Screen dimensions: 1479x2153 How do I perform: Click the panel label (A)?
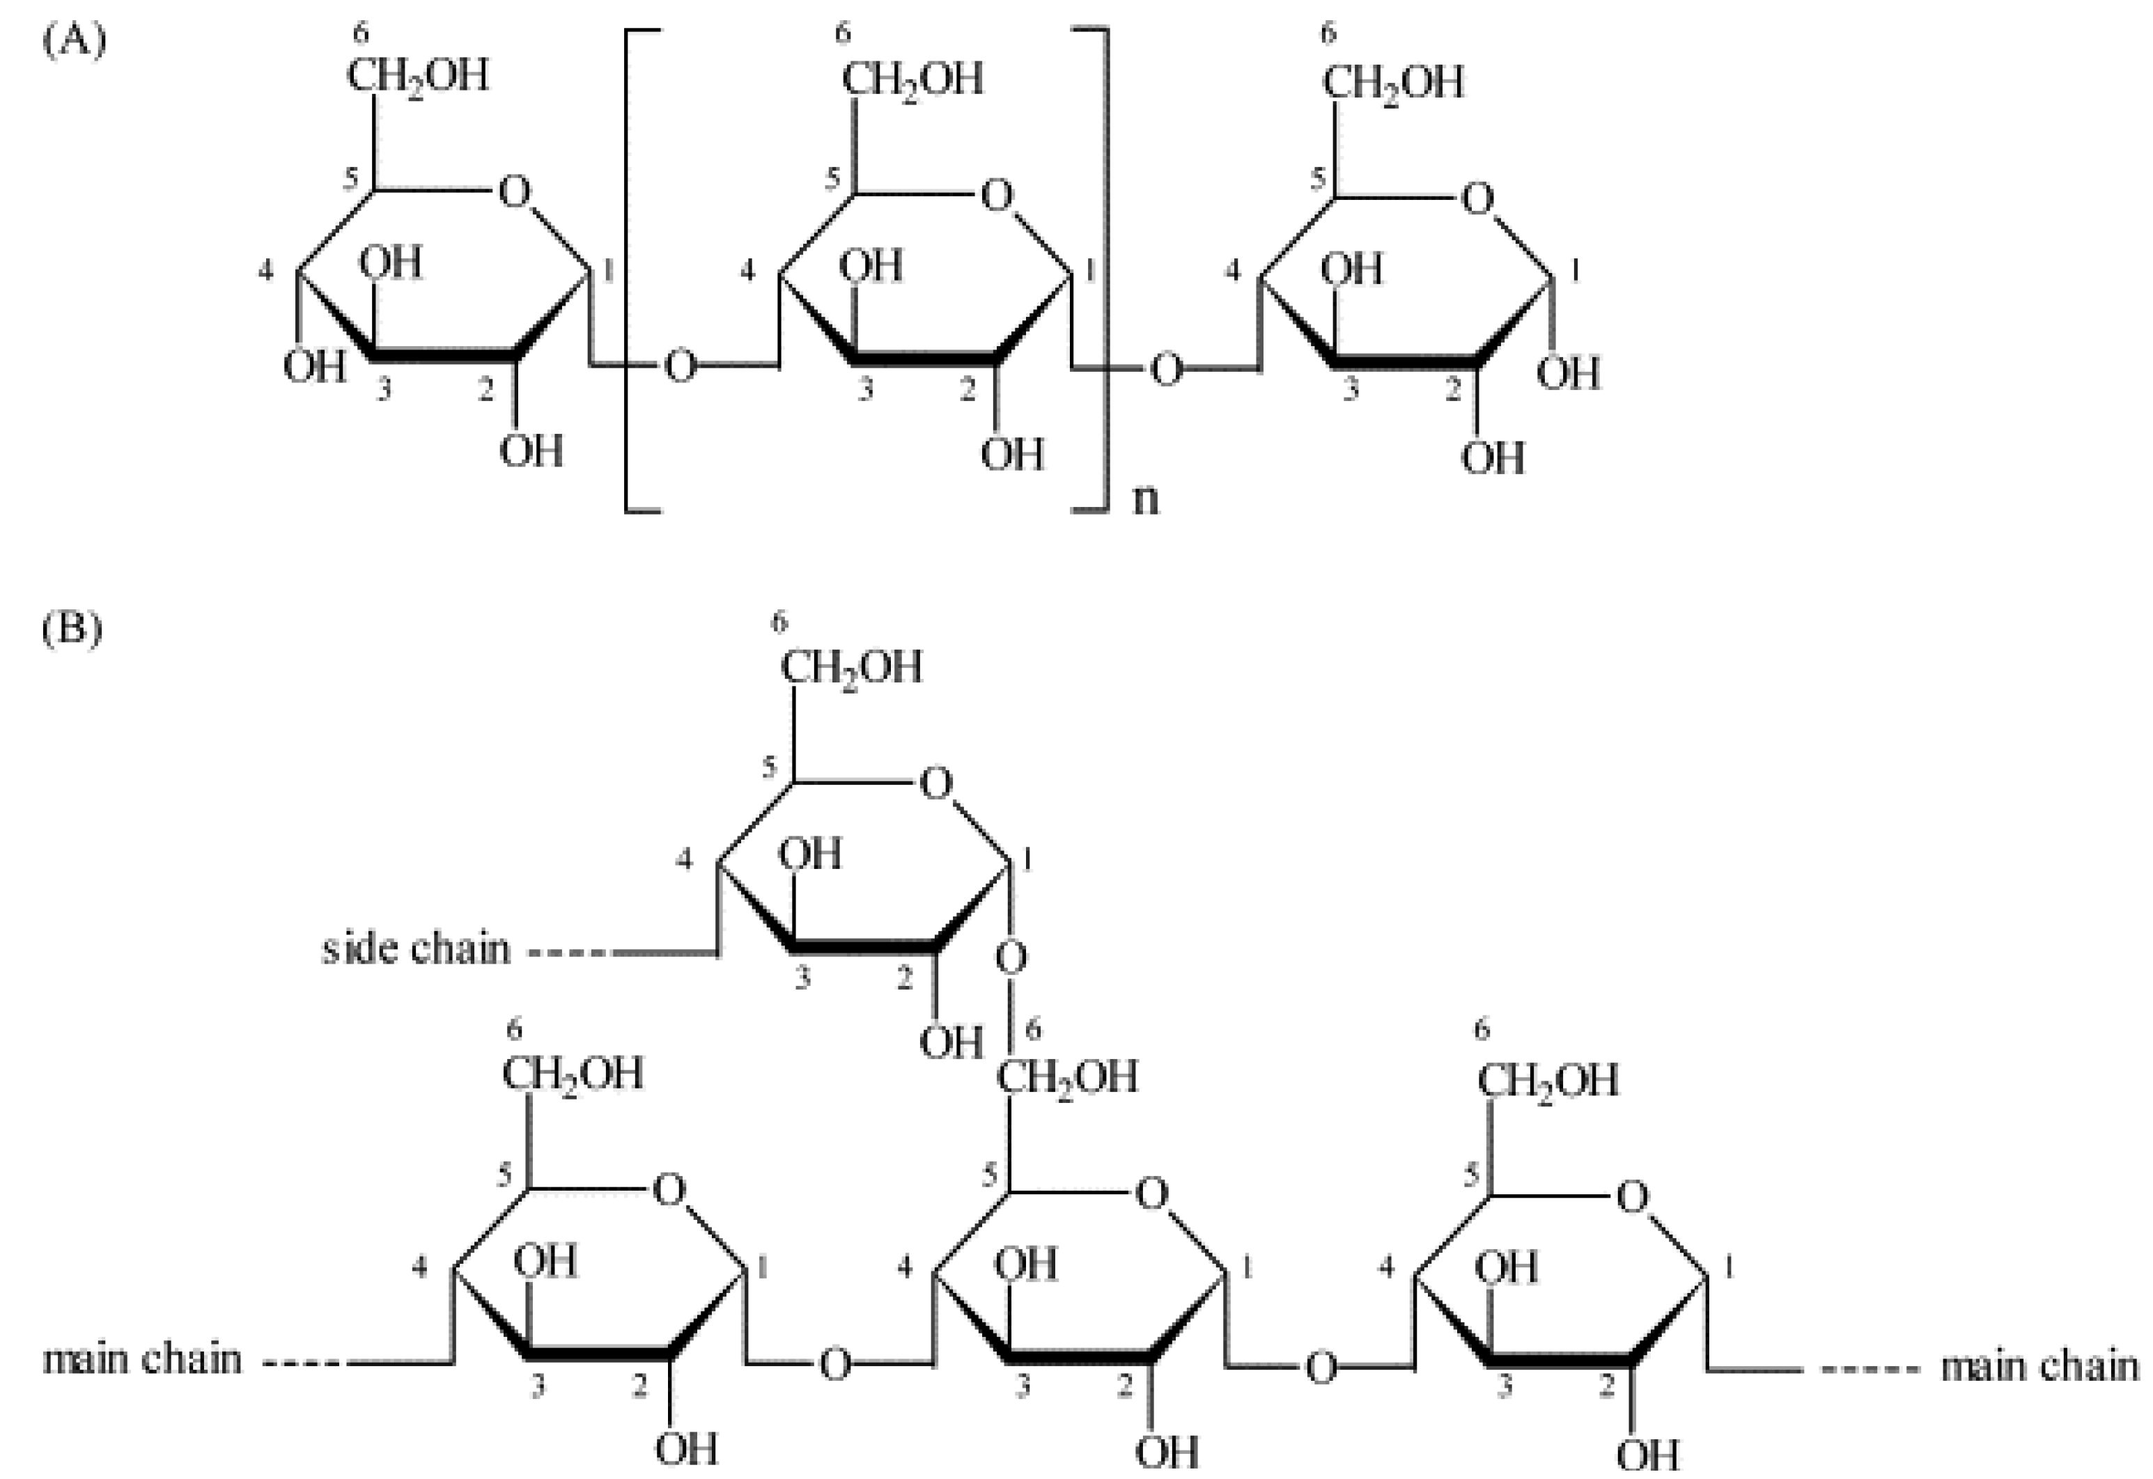tap(74, 42)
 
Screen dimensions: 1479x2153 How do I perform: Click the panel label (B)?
tap(72, 629)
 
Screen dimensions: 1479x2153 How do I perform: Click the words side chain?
tap(416, 949)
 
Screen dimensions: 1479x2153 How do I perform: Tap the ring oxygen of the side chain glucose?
tap(935, 784)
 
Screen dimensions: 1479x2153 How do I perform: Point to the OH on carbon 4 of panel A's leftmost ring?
tap(314, 367)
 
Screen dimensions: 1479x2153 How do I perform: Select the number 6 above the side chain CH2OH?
tap(779, 623)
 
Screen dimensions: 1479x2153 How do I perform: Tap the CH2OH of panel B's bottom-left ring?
tap(573, 1076)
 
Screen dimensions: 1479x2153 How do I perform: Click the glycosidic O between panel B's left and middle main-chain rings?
tap(834, 1365)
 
